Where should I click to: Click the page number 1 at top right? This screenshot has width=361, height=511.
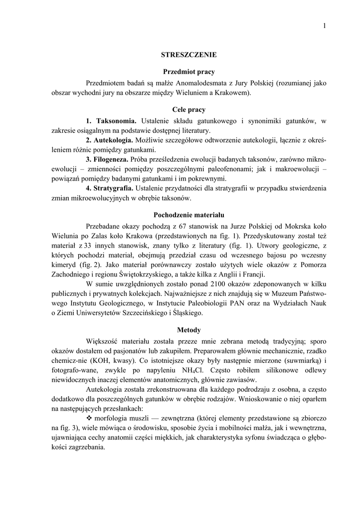(x=324, y=25)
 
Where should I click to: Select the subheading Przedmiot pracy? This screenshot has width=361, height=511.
(x=189, y=72)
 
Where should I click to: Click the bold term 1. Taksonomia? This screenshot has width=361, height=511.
(x=111, y=121)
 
